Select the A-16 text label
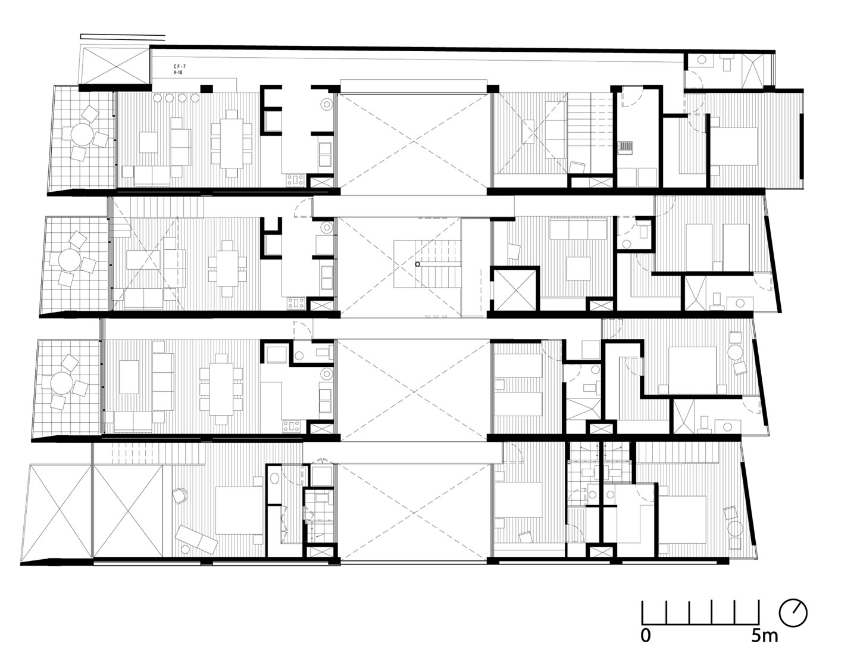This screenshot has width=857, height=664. tap(179, 73)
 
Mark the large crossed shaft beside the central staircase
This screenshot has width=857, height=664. tap(515, 289)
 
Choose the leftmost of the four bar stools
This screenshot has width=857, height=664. tap(157, 98)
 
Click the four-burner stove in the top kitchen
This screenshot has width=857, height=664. tap(296, 180)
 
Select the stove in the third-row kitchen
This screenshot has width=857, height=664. tap(292, 426)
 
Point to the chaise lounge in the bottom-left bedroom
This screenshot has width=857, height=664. tap(196, 539)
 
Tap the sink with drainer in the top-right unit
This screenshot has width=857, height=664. tap(626, 146)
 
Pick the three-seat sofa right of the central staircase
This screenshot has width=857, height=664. tap(578, 229)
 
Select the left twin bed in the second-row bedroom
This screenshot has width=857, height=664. tap(699, 247)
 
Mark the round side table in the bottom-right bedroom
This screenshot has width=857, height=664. tap(736, 528)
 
